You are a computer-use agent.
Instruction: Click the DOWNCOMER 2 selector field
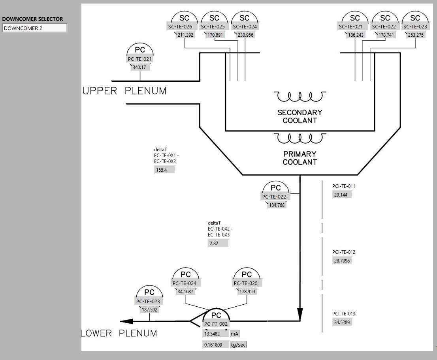point(35,28)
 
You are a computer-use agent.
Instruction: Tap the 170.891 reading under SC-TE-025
point(215,35)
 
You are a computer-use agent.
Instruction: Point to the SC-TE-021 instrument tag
point(350,27)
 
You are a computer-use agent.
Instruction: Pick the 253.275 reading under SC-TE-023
point(415,35)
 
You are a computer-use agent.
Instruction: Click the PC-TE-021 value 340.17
point(139,67)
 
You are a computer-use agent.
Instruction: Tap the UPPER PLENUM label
point(124,91)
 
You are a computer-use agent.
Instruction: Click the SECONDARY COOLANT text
point(299,116)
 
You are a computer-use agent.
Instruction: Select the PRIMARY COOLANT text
point(299,158)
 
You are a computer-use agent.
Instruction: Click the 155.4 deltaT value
point(164,170)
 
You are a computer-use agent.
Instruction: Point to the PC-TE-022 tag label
point(274,197)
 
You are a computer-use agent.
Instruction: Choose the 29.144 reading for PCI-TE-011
point(341,195)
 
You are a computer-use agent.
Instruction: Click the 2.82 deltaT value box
point(218,244)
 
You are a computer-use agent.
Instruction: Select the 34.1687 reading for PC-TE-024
point(186,292)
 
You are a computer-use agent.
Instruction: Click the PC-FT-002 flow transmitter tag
point(216,324)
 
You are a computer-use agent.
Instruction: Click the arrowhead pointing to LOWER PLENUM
point(127,321)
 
